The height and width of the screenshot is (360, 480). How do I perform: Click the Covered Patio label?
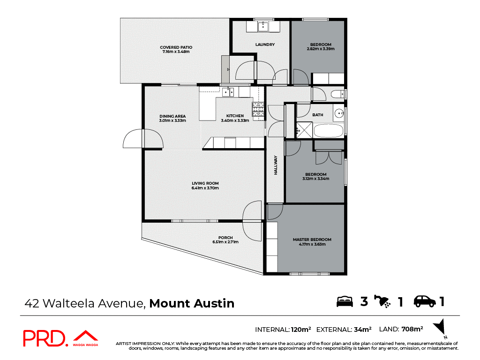click(x=176, y=47)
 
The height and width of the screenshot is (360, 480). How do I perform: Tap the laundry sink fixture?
click(x=263, y=26)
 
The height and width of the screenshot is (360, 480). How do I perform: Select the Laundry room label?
click(x=265, y=45)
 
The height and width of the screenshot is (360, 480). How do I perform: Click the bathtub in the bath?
click(x=328, y=130)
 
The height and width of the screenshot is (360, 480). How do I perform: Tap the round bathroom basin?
click(x=340, y=113)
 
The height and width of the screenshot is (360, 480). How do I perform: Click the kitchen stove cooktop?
click(x=258, y=110)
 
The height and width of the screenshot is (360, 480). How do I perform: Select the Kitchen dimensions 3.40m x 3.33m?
click(x=235, y=120)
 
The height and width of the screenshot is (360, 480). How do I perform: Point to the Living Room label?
click(x=205, y=183)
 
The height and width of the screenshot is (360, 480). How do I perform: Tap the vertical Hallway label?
click(x=276, y=165)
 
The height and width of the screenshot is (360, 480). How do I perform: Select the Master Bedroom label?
click(x=312, y=240)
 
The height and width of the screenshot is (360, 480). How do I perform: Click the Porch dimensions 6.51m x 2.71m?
click(x=225, y=242)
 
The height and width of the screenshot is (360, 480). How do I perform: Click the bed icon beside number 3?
click(x=345, y=301)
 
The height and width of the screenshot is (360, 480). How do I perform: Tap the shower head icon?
click(x=382, y=301)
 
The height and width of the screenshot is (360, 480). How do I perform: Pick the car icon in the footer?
click(x=424, y=301)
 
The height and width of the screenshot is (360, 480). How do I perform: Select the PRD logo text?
click(x=45, y=338)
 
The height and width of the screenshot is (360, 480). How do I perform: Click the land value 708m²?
click(x=412, y=329)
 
